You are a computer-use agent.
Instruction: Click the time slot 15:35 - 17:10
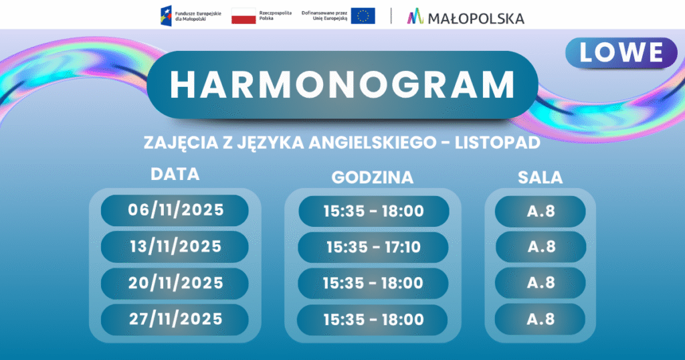tap(373, 248)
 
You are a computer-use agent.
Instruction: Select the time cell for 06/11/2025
tap(373, 211)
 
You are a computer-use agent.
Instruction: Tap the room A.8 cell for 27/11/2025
tap(540, 319)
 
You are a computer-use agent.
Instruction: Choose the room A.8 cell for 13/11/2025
tap(541, 247)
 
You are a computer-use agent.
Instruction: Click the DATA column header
tap(175, 174)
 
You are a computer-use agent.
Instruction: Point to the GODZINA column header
tap(373, 177)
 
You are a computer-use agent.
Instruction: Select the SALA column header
tap(541, 177)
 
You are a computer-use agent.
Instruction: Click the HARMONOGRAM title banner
tap(342, 85)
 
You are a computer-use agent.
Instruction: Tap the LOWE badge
tap(621, 53)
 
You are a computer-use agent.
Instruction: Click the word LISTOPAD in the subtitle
tap(498, 143)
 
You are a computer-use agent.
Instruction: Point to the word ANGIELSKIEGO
tap(373, 143)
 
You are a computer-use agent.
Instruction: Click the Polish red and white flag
tap(243, 16)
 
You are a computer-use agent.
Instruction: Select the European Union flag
tap(363, 16)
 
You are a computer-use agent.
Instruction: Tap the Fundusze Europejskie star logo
tap(166, 16)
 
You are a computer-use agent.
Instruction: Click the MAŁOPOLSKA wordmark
tap(476, 18)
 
